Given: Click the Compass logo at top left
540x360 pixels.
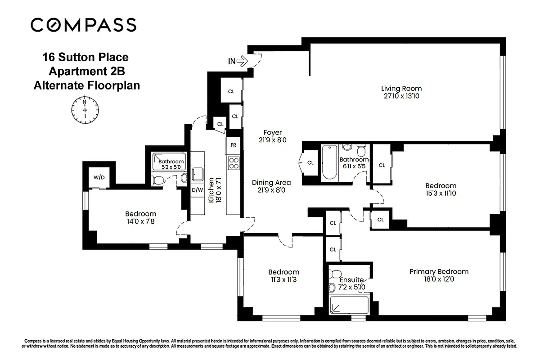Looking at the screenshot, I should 83,25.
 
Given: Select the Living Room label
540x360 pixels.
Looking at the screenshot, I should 401,89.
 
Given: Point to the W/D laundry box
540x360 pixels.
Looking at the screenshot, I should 99,177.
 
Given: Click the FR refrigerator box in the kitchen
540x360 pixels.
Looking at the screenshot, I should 234,145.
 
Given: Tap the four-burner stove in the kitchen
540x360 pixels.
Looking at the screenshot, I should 234,163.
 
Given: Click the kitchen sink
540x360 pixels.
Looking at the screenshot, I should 197,173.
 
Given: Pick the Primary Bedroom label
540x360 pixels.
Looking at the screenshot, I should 438,272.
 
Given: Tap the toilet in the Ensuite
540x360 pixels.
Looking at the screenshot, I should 335,274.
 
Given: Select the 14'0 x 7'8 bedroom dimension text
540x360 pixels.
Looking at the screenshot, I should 140,221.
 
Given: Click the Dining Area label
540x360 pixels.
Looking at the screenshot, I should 271,183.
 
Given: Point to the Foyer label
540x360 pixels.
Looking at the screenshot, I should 273,133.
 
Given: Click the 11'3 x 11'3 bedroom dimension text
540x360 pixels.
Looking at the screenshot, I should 283,279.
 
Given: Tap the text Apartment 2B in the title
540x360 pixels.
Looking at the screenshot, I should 85,71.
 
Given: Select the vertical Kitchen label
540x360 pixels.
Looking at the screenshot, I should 211,190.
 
